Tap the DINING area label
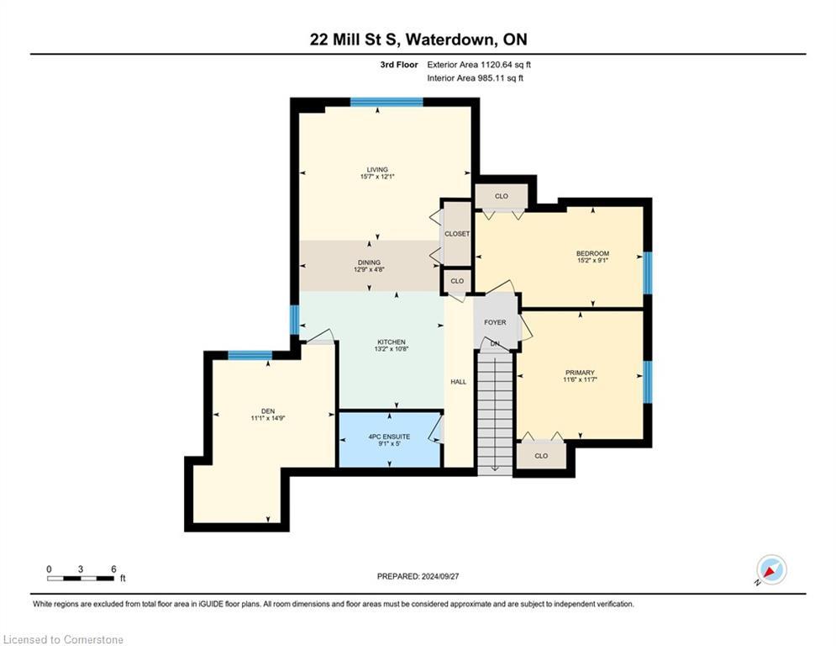[x=370, y=262]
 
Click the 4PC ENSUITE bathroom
[x=390, y=437]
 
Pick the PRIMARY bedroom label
[x=580, y=373]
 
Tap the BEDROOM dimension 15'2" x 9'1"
[x=592, y=261]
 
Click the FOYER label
[x=495, y=323]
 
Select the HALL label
[x=458, y=382]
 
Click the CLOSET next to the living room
[x=457, y=234]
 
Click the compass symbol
[x=770, y=569]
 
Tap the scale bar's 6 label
[x=113, y=569]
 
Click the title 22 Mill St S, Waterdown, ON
[x=418, y=40]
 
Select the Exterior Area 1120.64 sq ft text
[x=479, y=64]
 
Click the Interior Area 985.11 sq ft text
[x=475, y=78]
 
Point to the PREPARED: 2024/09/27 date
[x=418, y=576]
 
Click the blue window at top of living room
[x=386, y=102]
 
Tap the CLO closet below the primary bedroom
[x=541, y=456]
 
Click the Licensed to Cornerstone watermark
[x=64, y=640]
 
